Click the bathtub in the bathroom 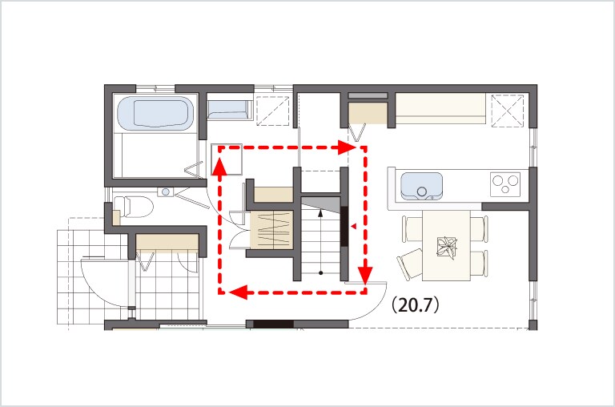[x=155, y=113]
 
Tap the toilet [x=134, y=207]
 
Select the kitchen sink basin [x=421, y=186]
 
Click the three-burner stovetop [x=505, y=184]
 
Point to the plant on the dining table [x=447, y=248]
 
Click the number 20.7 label [x=416, y=305]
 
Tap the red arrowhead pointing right [x=347, y=147]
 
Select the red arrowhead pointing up [x=219, y=166]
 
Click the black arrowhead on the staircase [x=320, y=213]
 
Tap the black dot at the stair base [x=321, y=272]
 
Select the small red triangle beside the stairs [x=353, y=227]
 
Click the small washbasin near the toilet [x=166, y=192]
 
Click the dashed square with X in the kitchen [x=508, y=111]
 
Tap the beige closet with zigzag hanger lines [x=272, y=230]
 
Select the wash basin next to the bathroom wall [x=230, y=110]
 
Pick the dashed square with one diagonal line [x=272, y=111]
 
